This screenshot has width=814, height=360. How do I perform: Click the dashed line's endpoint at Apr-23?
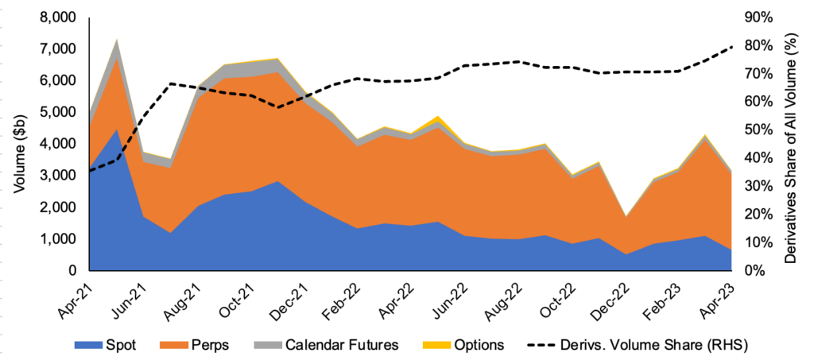coord(732,46)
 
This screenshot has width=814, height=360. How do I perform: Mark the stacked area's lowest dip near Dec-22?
coord(606,215)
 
